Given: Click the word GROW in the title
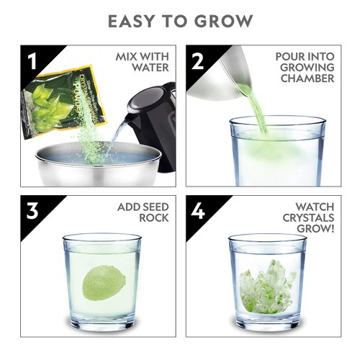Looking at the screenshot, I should pyautogui.click(x=228, y=21).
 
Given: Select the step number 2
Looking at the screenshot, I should pyautogui.click(x=198, y=60).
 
